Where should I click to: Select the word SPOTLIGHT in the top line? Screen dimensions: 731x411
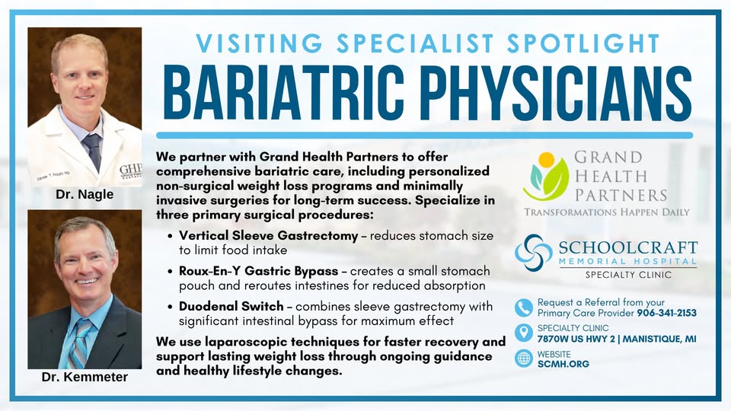(583, 43)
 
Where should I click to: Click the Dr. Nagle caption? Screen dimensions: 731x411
(85, 194)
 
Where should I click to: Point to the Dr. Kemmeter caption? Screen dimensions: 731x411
(85, 377)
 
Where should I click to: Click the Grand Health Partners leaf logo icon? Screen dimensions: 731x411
(546, 177)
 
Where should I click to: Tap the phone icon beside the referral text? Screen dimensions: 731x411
(524, 307)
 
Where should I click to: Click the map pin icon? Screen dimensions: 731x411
(524, 333)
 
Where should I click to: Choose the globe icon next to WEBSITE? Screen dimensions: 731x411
(524, 358)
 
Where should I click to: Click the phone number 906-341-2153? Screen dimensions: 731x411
(667, 313)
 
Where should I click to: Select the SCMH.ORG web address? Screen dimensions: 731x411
(563, 364)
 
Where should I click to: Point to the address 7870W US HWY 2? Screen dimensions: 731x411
(576, 339)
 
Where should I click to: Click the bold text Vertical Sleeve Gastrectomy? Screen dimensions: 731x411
(269, 236)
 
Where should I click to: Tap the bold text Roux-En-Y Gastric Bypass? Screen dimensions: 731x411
(259, 271)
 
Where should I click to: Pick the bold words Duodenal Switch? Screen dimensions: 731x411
(231, 307)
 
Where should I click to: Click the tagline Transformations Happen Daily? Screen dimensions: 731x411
(607, 212)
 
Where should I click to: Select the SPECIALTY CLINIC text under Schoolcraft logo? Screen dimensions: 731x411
(628, 275)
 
